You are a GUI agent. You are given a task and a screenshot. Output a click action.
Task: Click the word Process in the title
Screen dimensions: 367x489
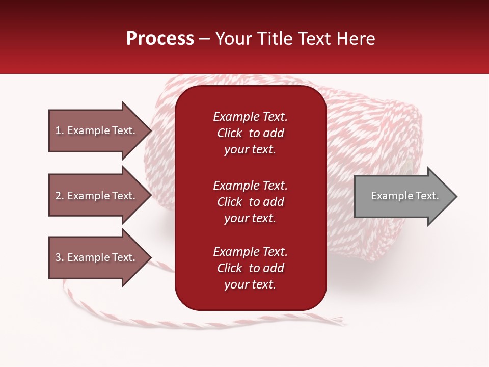(160, 39)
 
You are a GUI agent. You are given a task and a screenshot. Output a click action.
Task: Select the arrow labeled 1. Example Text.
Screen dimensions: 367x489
(97, 130)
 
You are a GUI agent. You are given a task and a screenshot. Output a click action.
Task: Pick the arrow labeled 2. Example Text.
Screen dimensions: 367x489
(97, 196)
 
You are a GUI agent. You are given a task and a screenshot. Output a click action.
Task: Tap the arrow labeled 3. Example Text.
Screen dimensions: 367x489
(97, 257)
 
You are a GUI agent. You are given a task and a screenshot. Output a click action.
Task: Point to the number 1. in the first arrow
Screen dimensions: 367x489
(60, 130)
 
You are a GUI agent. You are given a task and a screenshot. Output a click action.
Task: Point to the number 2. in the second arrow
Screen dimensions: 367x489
(60, 196)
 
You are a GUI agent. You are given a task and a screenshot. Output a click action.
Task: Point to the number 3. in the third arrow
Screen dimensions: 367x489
(60, 257)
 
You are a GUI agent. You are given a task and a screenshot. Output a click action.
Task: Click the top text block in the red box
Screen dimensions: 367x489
(250, 133)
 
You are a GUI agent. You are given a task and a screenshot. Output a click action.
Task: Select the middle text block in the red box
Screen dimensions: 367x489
(250, 202)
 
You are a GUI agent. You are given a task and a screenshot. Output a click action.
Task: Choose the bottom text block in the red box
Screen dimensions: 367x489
(250, 268)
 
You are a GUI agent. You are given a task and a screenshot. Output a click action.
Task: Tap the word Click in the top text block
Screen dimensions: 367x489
(230, 133)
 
